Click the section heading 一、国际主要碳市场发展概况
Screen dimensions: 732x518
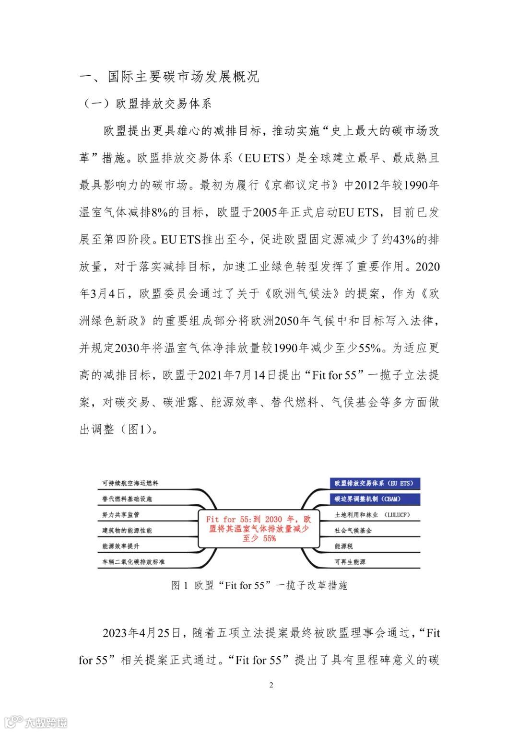(x=169, y=77)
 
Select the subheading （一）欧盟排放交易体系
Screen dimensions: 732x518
(x=147, y=104)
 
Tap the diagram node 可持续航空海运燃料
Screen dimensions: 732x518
(x=130, y=483)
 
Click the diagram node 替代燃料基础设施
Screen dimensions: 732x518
(x=127, y=499)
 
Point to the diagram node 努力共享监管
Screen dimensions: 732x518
(x=121, y=515)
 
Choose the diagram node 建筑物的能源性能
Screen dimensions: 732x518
(x=127, y=531)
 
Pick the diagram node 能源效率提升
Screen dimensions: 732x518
(x=121, y=546)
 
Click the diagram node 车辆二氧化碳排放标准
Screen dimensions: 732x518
(x=133, y=562)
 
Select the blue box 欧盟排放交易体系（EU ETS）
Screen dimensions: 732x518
(x=374, y=483)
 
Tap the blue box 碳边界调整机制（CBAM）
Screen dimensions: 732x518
(x=368, y=499)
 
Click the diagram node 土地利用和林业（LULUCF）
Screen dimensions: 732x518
(x=372, y=515)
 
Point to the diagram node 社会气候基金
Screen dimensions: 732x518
(x=353, y=531)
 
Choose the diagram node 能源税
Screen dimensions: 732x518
(x=343, y=546)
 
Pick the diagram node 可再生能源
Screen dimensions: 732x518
(x=350, y=562)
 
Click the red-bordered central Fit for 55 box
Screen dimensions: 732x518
(x=259, y=529)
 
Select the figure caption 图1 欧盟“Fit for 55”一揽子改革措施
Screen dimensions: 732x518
(x=259, y=585)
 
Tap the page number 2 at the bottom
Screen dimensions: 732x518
(x=271, y=685)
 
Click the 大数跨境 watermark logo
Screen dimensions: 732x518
(x=35, y=721)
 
